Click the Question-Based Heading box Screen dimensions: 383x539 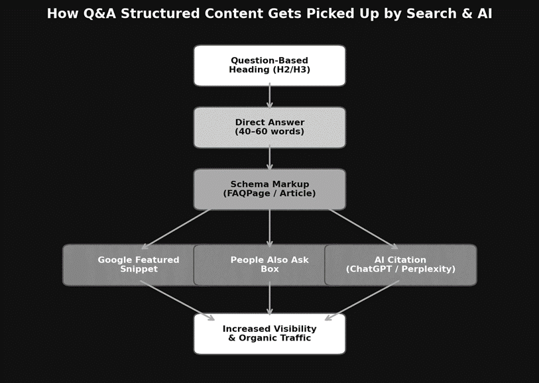[x=269, y=66]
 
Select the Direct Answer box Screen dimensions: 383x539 [x=269, y=127]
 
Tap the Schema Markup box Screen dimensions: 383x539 [x=269, y=189]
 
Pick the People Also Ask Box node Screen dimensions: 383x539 [x=269, y=265]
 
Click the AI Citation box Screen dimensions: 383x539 [x=400, y=265]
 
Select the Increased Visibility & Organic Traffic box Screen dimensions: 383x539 [x=269, y=334]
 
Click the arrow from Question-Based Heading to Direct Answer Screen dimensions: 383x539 [x=269, y=96]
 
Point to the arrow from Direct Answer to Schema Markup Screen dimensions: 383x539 [x=269, y=158]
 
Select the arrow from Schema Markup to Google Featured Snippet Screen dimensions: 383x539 [x=176, y=229]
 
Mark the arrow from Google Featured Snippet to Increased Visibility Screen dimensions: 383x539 [x=177, y=300]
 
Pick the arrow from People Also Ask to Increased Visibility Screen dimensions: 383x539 [x=269, y=300]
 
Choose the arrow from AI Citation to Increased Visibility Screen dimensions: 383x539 [x=363, y=300]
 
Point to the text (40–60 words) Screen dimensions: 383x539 [x=269, y=132]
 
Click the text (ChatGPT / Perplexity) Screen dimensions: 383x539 [x=400, y=270]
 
